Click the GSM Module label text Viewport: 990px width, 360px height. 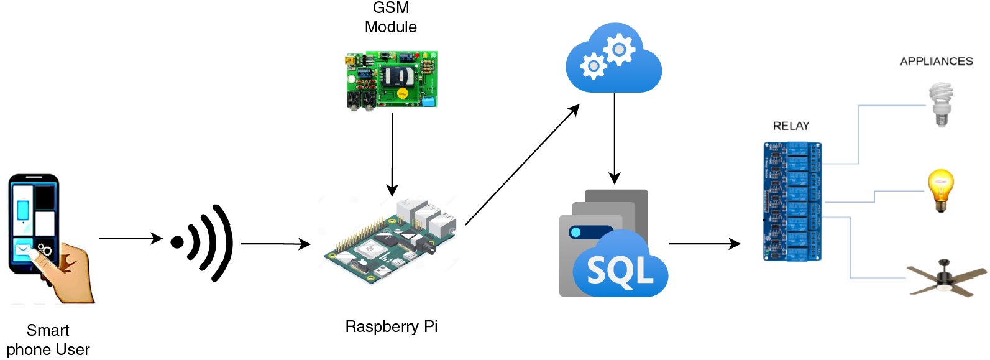coord(390,17)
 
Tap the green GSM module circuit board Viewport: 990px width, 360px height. coord(392,80)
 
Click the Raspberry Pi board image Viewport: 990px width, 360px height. coord(388,239)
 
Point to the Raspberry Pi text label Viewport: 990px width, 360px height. coord(391,326)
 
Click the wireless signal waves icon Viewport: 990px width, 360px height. coord(205,242)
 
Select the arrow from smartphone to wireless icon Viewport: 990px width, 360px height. coord(131,238)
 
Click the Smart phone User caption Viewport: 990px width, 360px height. coord(48,339)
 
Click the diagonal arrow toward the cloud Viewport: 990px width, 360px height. coord(522,165)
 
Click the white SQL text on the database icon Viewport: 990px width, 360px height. coord(620,271)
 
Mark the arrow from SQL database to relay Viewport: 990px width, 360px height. coord(704,244)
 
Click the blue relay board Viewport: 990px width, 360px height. coord(792,201)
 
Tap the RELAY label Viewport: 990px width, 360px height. coord(791,126)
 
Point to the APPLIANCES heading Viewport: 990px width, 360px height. coord(936,62)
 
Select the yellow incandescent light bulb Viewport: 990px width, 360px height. coord(940,190)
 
